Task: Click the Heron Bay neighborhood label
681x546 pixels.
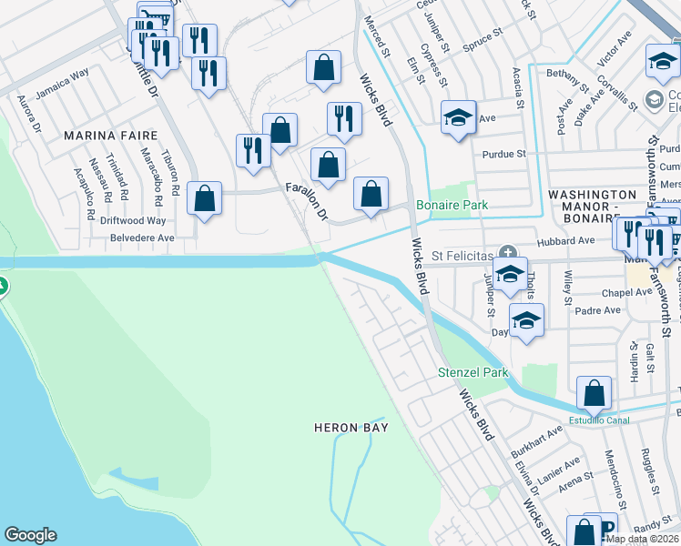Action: coord(351,427)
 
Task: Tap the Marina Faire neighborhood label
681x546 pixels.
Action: coord(100,136)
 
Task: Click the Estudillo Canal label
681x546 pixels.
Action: coord(600,420)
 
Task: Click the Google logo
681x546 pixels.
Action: coord(30,535)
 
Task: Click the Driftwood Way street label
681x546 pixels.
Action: coord(134,220)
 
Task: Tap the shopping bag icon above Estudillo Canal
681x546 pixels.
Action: coord(594,393)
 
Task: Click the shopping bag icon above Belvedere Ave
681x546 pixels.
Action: coord(205,197)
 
